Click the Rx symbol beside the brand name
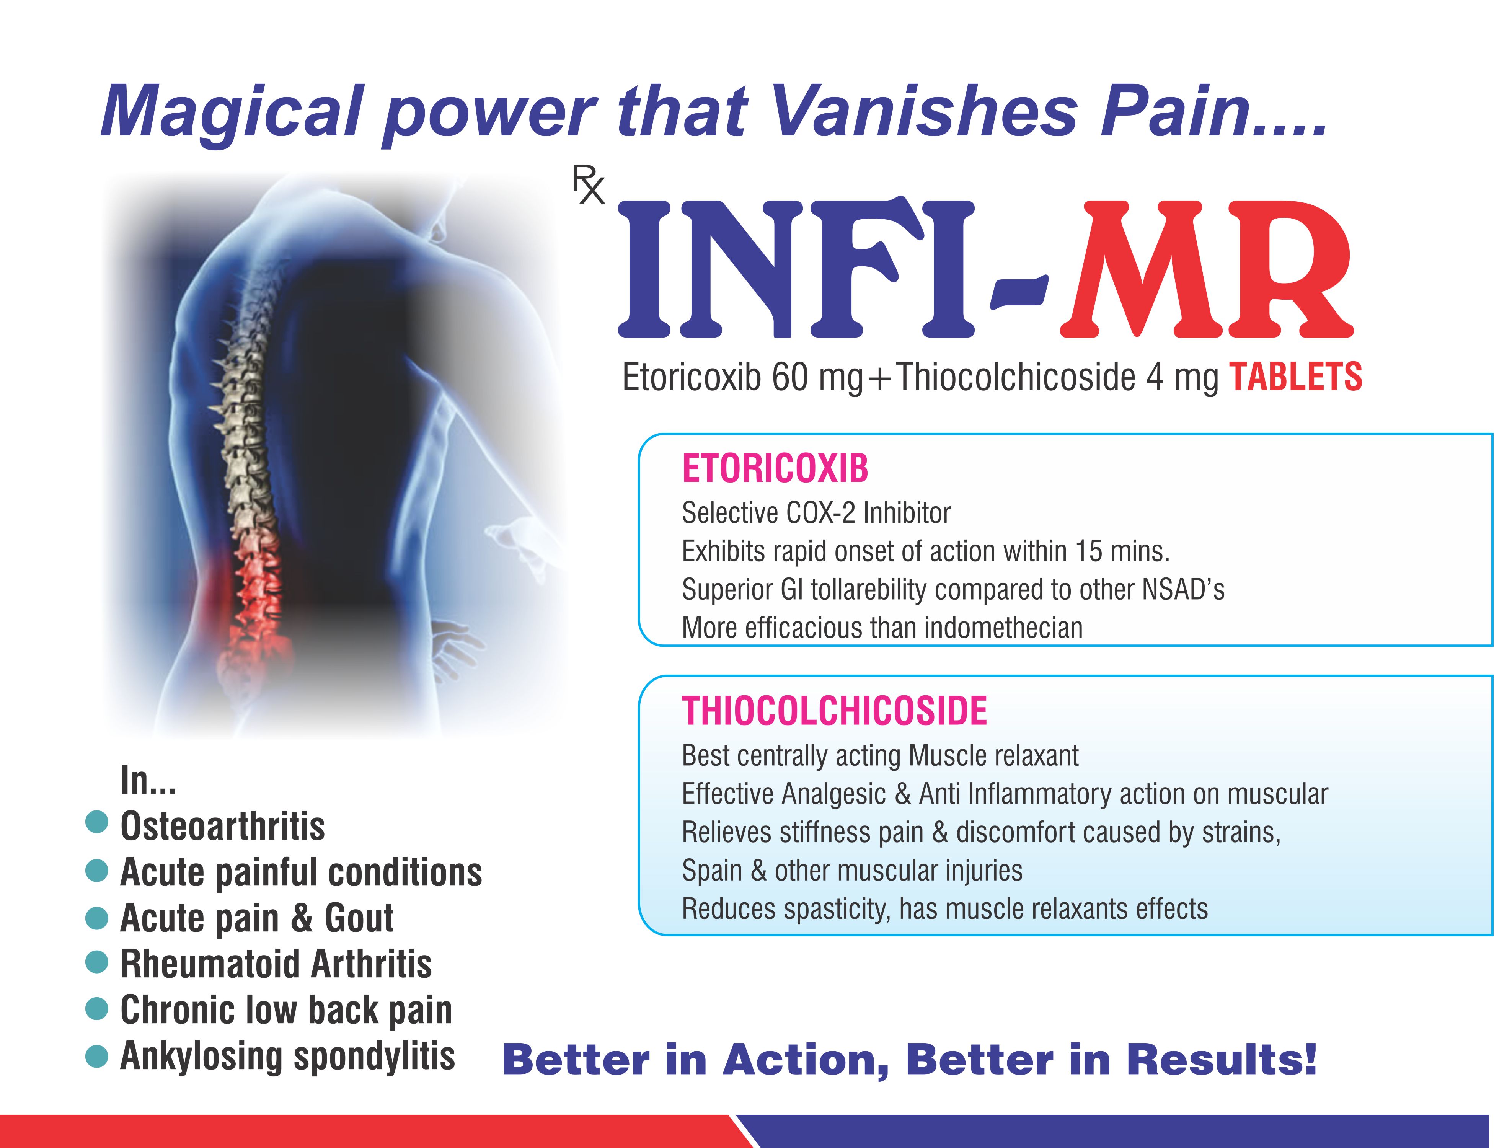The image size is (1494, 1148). [x=589, y=187]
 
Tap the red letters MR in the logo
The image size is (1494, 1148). [x=1206, y=269]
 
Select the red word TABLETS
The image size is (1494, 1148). [x=1296, y=377]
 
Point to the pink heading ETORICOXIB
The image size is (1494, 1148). [x=775, y=469]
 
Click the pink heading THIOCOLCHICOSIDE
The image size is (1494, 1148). [x=835, y=711]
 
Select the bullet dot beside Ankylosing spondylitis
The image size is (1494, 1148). [x=97, y=1056]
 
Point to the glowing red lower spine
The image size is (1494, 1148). [x=255, y=601]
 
